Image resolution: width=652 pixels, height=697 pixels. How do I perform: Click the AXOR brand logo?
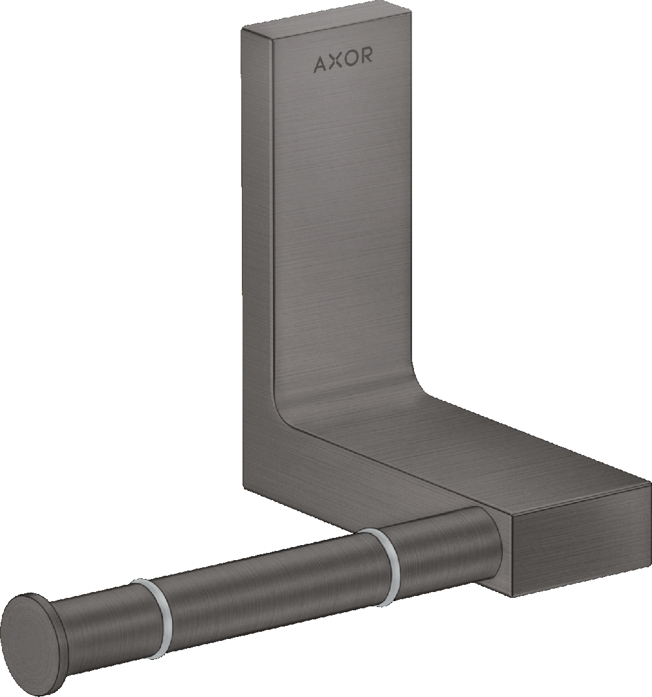point(344,63)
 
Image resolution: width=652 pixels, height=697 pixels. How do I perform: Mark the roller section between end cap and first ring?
point(104,626)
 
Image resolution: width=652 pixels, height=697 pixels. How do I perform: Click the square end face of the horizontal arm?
point(580,548)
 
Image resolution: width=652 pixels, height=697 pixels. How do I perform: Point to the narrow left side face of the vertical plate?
point(258,261)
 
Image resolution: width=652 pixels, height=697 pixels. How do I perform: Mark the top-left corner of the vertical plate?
point(243,28)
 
